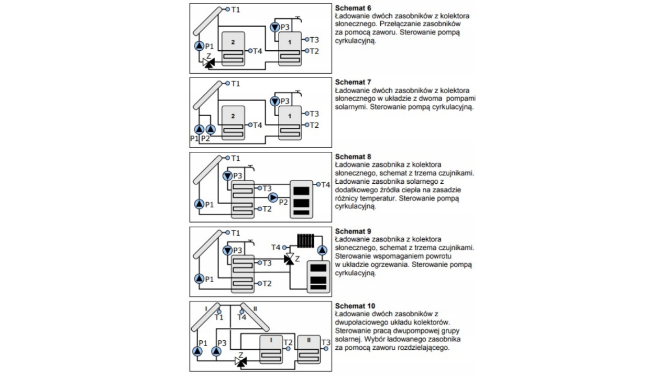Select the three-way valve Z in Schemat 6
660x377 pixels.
click(209, 63)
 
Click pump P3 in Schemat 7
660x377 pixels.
click(276, 101)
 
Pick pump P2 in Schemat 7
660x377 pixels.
click(211, 129)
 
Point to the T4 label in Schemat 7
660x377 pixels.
click(257, 125)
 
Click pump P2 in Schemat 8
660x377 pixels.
click(273, 197)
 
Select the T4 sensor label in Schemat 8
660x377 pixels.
click(325, 184)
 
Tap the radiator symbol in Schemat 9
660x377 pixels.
click(305, 240)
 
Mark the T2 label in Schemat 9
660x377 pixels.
click(267, 283)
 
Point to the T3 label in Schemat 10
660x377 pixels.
click(326, 342)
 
